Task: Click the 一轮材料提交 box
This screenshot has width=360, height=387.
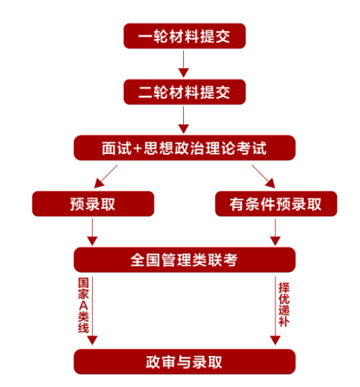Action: (x=185, y=36)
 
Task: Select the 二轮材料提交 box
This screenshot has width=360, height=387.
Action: (x=185, y=92)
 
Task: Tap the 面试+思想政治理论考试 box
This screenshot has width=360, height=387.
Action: (x=185, y=148)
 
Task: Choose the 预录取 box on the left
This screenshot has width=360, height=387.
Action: (x=93, y=204)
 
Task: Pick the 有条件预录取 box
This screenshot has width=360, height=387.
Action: (x=276, y=204)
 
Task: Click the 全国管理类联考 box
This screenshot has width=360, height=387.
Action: (x=185, y=260)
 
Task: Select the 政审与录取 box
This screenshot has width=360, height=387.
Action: (x=185, y=362)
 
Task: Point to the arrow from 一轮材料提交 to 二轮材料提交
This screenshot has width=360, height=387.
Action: (x=183, y=64)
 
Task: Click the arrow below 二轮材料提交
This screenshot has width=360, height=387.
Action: (x=183, y=120)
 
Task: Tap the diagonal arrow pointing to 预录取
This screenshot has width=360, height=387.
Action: (x=106, y=176)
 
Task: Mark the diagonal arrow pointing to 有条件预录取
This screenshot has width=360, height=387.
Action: (x=263, y=176)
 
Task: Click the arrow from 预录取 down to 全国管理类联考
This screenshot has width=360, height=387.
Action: (x=92, y=232)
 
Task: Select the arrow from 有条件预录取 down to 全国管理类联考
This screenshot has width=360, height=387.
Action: (x=275, y=232)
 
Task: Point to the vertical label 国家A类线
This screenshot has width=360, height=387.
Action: (x=83, y=306)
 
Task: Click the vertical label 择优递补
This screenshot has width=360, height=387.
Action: (x=284, y=305)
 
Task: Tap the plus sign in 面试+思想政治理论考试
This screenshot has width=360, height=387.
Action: (x=137, y=149)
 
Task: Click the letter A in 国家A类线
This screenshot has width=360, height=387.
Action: (x=83, y=306)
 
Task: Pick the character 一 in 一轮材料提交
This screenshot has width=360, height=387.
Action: (x=145, y=37)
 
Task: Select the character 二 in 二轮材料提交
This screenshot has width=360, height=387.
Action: (x=145, y=92)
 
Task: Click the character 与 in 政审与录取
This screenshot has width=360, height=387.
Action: (x=184, y=362)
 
